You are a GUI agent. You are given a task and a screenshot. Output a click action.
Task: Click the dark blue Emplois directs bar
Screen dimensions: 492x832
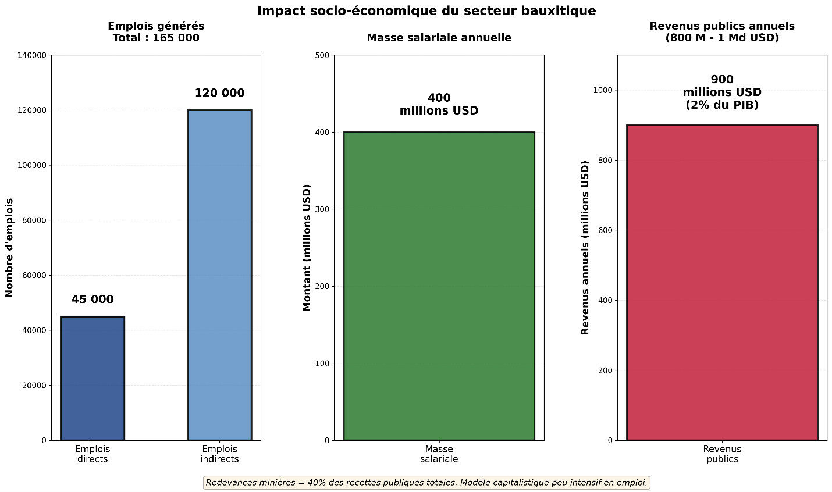click(x=92, y=378)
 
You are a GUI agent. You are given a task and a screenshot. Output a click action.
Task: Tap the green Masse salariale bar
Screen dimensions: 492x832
click(x=439, y=286)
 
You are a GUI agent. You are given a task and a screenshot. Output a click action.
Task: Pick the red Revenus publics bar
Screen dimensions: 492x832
click(x=722, y=282)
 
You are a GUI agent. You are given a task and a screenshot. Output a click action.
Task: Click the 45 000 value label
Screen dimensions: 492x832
click(x=93, y=300)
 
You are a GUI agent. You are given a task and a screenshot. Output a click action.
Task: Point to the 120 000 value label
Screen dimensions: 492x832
click(x=219, y=93)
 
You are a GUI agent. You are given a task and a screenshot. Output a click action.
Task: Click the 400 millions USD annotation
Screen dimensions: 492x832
click(x=439, y=104)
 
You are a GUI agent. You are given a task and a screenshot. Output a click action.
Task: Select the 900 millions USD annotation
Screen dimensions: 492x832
click(x=722, y=92)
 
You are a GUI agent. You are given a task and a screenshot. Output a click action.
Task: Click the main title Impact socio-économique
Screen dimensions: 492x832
click(x=426, y=11)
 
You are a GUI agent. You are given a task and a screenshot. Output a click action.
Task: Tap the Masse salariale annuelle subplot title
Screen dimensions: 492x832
click(x=439, y=38)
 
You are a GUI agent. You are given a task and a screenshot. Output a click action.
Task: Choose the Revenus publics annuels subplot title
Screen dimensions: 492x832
click(x=722, y=32)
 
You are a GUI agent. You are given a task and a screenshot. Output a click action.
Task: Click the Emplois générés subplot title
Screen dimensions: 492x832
click(x=156, y=32)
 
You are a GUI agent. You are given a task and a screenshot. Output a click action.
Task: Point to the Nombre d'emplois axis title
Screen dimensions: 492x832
click(x=9, y=247)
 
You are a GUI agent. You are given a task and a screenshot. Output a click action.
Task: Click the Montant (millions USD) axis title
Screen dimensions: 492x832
click(x=307, y=247)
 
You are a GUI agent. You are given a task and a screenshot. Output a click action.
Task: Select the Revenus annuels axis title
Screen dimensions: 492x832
click(x=585, y=247)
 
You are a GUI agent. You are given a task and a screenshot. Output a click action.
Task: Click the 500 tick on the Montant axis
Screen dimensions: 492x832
click(x=322, y=55)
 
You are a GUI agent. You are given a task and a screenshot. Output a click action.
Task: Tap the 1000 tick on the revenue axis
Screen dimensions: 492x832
click(x=603, y=90)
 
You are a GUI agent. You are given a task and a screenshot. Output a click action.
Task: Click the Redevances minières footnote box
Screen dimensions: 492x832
click(x=426, y=483)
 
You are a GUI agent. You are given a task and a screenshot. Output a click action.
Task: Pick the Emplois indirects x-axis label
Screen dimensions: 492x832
click(x=219, y=454)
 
